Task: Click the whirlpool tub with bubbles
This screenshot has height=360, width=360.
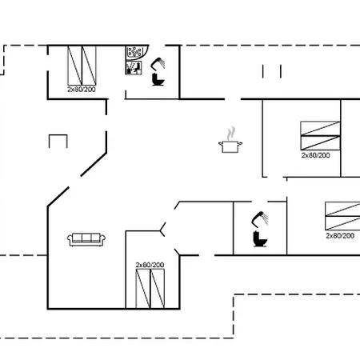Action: [x=134, y=52]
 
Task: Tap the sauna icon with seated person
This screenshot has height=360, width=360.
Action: [x=134, y=68]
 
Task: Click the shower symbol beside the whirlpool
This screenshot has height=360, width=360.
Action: [x=158, y=64]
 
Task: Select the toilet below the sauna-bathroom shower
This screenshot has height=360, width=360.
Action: [x=158, y=79]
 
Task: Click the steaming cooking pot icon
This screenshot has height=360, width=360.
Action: [x=230, y=140]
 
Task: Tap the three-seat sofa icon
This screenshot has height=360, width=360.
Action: [x=86, y=239]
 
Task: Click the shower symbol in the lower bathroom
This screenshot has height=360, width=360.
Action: [x=260, y=219]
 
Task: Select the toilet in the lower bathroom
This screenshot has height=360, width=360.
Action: [x=260, y=239]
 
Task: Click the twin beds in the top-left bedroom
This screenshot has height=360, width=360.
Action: [x=82, y=66]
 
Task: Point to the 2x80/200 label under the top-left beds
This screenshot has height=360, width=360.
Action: [x=82, y=90]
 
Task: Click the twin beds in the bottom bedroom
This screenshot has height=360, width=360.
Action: [x=150, y=289]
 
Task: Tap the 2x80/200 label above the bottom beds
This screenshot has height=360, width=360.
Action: [x=150, y=265]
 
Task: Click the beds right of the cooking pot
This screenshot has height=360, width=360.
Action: [x=320, y=136]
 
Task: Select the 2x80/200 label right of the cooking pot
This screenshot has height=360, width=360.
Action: [x=315, y=155]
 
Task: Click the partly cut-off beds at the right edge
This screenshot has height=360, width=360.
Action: [x=342, y=216]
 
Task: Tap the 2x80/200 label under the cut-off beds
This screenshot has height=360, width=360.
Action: [x=340, y=236]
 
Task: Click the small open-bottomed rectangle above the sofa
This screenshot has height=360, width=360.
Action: [x=58, y=135]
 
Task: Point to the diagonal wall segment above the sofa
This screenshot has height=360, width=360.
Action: [x=94, y=164]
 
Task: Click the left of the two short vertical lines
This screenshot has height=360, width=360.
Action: [x=263, y=71]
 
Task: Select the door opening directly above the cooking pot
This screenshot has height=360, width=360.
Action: [x=233, y=99]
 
